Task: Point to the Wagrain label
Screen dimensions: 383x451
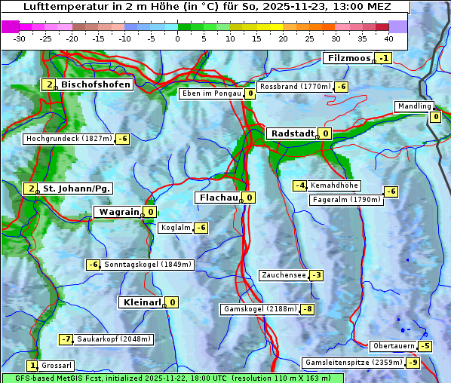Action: click(x=119, y=212)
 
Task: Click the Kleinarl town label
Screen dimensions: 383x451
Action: click(x=143, y=302)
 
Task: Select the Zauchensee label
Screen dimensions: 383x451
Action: click(x=284, y=275)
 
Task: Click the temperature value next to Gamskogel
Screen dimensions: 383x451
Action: click(x=308, y=309)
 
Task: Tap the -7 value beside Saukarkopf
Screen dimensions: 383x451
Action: click(x=66, y=339)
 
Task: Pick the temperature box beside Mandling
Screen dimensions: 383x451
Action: click(x=435, y=117)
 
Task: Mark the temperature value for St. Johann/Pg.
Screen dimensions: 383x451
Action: click(x=30, y=188)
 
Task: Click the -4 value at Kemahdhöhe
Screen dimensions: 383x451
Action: click(x=299, y=185)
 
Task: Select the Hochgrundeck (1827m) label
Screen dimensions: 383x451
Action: click(x=69, y=139)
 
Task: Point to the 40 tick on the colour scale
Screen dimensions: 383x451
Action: click(x=388, y=38)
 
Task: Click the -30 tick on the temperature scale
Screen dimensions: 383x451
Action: click(x=20, y=38)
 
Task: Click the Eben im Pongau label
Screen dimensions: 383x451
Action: click(x=210, y=93)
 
